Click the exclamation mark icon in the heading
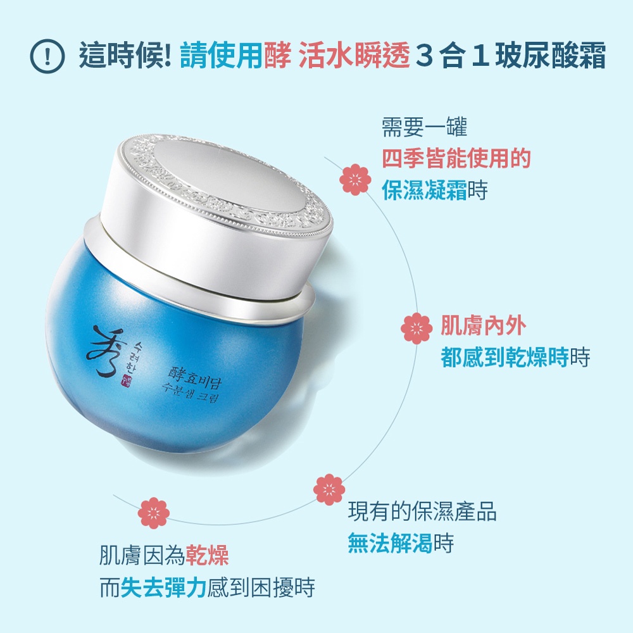(x=47, y=56)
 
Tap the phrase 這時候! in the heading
(x=125, y=55)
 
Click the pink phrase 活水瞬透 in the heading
(x=354, y=55)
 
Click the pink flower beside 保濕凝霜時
(x=355, y=180)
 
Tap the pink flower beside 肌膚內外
(x=417, y=328)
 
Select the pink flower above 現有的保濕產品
(x=329, y=489)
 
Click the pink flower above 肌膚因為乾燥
(x=153, y=513)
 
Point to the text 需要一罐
(x=424, y=127)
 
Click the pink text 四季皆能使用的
(x=456, y=158)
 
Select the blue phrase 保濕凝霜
(x=424, y=190)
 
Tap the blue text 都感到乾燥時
(x=505, y=356)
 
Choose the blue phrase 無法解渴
(x=390, y=542)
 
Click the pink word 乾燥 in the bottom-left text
(x=207, y=556)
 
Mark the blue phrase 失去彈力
(x=163, y=587)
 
